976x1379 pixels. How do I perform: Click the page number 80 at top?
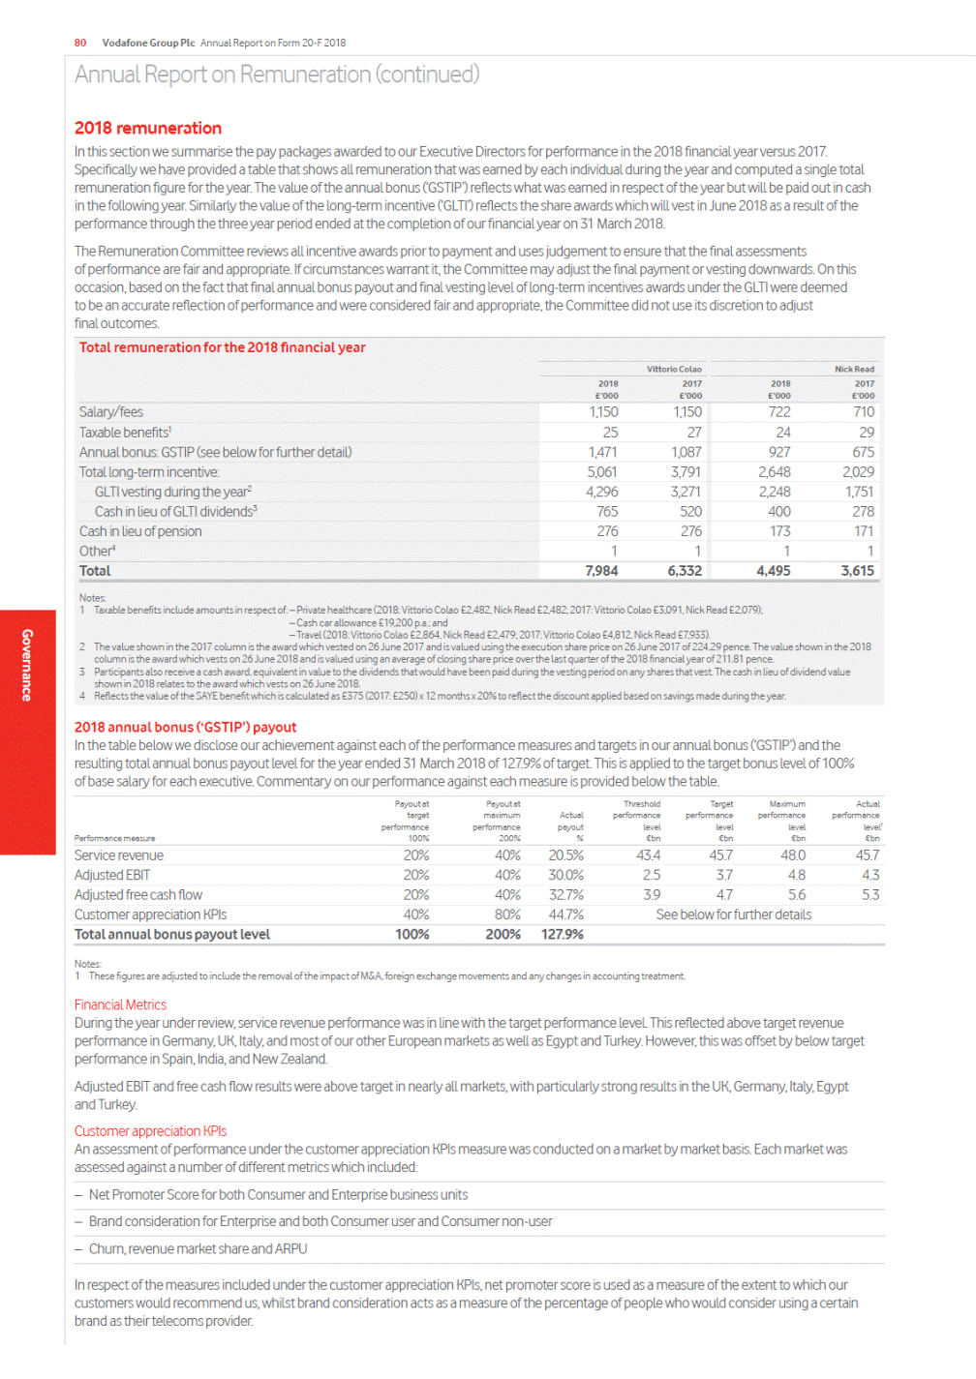(x=80, y=43)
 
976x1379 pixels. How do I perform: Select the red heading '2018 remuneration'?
(x=148, y=128)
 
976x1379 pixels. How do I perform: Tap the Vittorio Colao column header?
(x=674, y=369)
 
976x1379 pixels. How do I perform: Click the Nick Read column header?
(x=854, y=369)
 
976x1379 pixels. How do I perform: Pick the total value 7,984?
(x=601, y=571)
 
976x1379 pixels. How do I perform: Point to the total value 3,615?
(x=857, y=571)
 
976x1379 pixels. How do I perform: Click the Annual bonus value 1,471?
(x=603, y=452)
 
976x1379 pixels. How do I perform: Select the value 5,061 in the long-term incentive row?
(x=601, y=472)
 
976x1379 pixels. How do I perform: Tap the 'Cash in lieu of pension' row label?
(x=140, y=531)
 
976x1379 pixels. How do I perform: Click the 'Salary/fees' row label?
(x=111, y=412)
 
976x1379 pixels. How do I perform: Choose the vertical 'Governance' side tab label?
(x=27, y=665)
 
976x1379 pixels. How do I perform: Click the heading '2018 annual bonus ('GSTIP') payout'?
(x=185, y=727)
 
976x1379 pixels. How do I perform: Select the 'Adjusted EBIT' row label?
(x=112, y=875)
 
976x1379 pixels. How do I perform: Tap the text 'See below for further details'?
(x=733, y=914)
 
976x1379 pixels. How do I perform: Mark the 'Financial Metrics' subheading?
(x=120, y=1004)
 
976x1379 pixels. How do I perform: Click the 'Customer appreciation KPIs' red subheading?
(x=150, y=1130)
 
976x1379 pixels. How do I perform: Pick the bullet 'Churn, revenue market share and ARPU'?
(x=198, y=1248)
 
